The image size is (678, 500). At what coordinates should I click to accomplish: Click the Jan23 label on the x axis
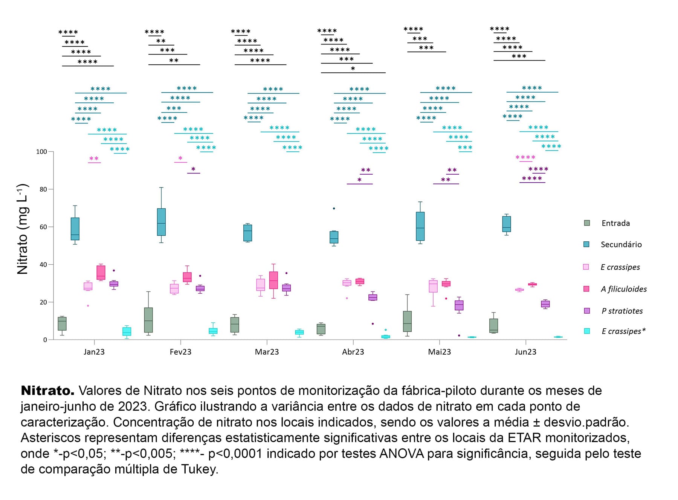[x=94, y=352]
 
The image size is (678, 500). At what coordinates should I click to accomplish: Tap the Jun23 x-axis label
[x=525, y=352]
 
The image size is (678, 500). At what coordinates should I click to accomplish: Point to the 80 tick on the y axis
[x=43, y=189]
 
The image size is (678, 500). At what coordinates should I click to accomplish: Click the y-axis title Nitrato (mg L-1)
[x=23, y=229]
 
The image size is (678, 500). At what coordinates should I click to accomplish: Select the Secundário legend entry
[x=621, y=244]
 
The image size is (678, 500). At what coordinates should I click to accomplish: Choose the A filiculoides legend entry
[x=623, y=289]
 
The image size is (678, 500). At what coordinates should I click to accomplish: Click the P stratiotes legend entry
[x=622, y=311]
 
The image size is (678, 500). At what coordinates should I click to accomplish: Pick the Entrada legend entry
[x=615, y=223]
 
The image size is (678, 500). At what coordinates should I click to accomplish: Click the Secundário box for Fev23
[x=161, y=222]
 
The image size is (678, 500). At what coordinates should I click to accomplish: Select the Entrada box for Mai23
[x=407, y=321]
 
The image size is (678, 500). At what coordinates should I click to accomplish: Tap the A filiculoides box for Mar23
[x=273, y=280]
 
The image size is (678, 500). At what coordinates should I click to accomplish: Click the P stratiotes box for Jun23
[x=545, y=304]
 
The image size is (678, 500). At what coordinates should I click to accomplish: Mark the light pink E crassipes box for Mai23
[x=433, y=286]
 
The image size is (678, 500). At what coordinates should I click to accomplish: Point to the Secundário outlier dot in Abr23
[x=334, y=208]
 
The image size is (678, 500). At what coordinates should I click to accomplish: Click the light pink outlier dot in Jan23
[x=88, y=306]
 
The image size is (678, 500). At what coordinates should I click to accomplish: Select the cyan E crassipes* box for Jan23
[x=127, y=331]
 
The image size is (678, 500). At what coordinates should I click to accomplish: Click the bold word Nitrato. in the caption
[x=47, y=391]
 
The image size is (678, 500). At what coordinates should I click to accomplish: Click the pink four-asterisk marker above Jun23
[x=525, y=157]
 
